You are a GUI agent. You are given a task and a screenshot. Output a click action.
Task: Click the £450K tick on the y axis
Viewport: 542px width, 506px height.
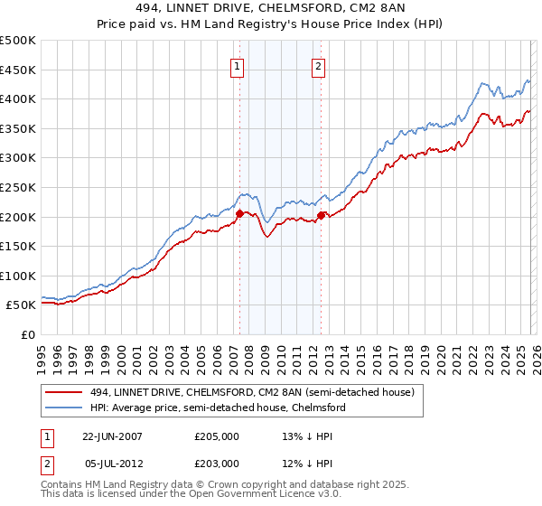tap(18, 70)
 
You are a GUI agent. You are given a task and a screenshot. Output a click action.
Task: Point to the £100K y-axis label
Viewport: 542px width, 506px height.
tap(18, 276)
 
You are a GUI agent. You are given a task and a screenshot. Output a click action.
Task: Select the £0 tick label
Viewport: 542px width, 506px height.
tap(27, 334)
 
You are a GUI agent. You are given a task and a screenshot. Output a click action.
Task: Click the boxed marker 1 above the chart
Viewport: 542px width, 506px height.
tap(237, 65)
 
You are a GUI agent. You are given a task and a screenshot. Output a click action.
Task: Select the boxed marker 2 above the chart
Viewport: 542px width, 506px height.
tap(319, 65)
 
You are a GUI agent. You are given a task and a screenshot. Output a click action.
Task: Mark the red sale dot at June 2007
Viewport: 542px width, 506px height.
tap(239, 214)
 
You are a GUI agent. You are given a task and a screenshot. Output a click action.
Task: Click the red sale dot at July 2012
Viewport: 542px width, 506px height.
tap(321, 215)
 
